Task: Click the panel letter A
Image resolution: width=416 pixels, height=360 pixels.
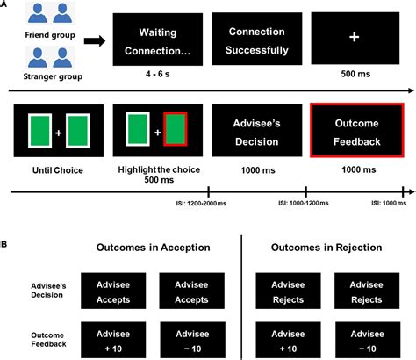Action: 6,6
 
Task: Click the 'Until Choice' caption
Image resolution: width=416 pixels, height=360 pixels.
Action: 54,171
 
